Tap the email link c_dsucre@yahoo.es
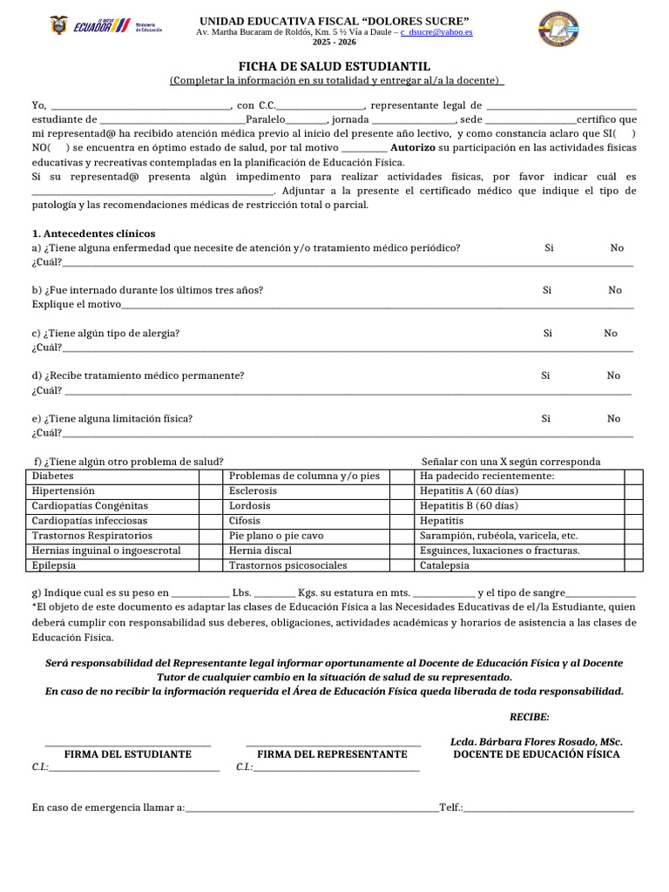[x=436, y=31]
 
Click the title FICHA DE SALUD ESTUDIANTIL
[x=334, y=67]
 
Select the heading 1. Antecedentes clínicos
[x=93, y=233]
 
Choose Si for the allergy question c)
[x=548, y=333]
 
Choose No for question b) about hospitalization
[x=615, y=290]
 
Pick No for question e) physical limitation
[x=614, y=418]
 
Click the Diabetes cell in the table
[x=53, y=476]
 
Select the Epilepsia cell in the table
[x=54, y=565]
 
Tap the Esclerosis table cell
[x=253, y=491]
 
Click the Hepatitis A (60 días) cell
[x=469, y=491]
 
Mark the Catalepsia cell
[x=444, y=565]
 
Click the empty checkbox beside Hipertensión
[x=211, y=491]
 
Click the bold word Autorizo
[x=413, y=148]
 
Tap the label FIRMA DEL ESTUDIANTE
[x=128, y=753]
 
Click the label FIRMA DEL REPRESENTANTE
[x=333, y=753]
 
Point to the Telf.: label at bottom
[x=451, y=808]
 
